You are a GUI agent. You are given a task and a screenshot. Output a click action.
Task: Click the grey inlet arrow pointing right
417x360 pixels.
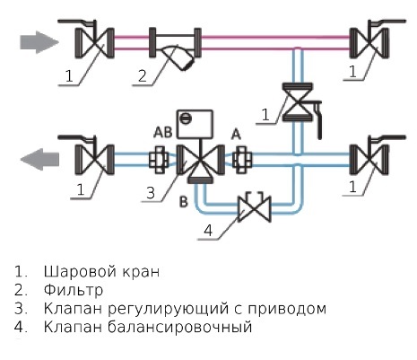39,42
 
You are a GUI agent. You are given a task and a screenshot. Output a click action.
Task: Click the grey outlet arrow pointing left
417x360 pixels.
39,159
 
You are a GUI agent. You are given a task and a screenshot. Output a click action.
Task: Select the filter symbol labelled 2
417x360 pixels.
175,48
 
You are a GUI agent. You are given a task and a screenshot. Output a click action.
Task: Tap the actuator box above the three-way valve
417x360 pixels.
195,124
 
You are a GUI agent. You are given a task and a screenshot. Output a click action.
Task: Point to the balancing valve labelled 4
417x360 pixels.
255,208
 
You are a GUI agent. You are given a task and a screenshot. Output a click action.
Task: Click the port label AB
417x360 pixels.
163,132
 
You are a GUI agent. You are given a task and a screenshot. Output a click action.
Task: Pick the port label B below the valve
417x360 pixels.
184,202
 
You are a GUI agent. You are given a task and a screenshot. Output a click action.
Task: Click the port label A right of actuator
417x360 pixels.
236,135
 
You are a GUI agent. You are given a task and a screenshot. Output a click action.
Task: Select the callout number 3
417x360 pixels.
151,193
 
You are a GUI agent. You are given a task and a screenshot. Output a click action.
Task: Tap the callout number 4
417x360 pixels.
208,231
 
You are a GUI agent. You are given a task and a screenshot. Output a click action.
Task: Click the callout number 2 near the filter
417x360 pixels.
143,75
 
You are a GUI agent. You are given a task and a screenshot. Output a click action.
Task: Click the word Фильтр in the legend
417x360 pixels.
74,290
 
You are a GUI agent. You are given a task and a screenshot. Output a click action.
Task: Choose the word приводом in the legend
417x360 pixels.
286,309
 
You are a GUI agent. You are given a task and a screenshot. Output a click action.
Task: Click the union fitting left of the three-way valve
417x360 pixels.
159,160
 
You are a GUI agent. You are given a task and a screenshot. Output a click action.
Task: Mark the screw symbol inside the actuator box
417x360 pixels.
185,119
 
